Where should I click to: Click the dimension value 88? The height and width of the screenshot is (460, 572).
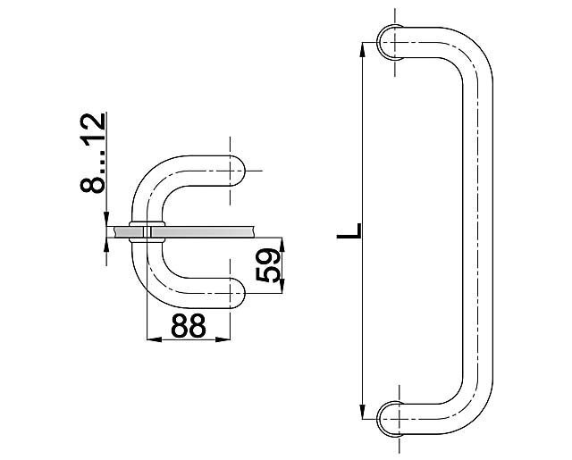pos(189,325)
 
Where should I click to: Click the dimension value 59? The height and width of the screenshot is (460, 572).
pos(269,265)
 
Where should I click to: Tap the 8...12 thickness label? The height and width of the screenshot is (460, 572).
pos(93,153)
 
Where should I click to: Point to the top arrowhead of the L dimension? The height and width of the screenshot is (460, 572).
pos(362,49)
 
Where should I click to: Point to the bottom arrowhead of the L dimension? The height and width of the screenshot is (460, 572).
pos(362,412)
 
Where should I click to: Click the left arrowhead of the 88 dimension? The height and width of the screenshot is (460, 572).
pos(154,339)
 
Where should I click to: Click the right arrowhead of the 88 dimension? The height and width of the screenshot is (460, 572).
pos(223,339)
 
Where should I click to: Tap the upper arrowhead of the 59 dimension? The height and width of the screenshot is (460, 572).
pos(282,245)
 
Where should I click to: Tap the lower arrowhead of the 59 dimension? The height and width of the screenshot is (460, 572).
pos(282,286)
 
